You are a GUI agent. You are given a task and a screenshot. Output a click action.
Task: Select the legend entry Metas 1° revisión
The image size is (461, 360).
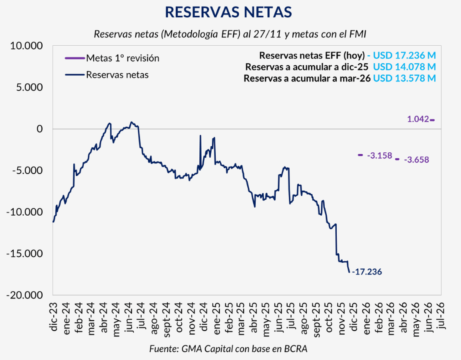click(123, 58)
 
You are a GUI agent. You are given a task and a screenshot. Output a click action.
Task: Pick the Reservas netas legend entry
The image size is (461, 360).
click(117, 75)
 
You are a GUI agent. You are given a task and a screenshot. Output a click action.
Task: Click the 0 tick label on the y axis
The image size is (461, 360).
click(40, 129)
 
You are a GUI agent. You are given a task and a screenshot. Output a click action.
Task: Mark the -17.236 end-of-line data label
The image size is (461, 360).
click(367, 272)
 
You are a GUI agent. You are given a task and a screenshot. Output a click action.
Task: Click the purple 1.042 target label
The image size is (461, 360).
click(418, 119)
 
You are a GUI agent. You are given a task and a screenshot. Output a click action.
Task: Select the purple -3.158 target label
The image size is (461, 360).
click(379, 155)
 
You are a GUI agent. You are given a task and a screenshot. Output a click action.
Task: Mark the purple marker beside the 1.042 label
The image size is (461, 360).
click(432, 120)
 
